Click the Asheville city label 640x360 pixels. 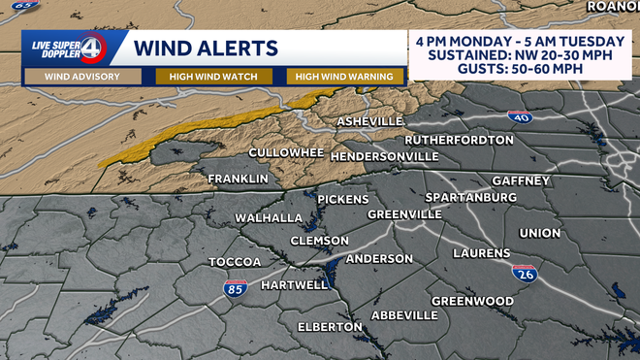[369, 121]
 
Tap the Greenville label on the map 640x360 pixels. [404, 213]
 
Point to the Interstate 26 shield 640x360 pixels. [525, 276]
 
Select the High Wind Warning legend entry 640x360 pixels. [343, 77]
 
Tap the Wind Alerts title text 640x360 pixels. [206, 48]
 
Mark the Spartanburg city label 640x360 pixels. [470, 197]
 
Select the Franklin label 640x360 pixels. [238, 179]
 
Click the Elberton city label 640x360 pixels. [330, 327]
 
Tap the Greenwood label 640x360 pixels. [472, 301]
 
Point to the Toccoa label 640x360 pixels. [235, 263]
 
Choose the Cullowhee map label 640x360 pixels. [285, 153]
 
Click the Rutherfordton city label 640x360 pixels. [459, 140]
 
